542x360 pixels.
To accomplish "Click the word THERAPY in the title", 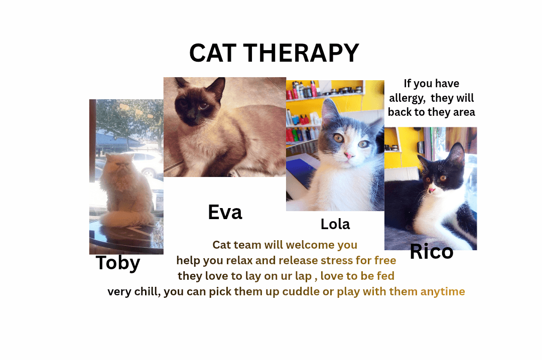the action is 301,53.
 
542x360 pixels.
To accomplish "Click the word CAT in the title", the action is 213,53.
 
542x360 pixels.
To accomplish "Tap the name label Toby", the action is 118,263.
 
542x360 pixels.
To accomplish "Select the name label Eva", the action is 225,212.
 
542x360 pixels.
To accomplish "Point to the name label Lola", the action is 335,224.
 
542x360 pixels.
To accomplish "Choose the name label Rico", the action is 432,251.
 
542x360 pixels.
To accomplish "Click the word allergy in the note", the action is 407,98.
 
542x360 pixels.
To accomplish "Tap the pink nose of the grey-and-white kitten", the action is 348,155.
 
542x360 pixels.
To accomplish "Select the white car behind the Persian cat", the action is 145,164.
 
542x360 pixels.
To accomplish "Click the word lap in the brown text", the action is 303,276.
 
